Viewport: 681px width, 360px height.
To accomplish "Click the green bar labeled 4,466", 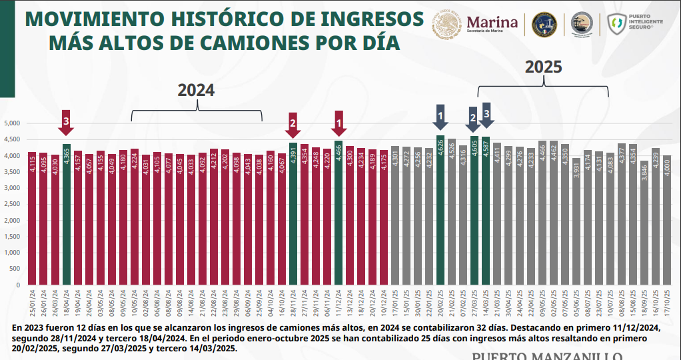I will pyautogui.click(x=339, y=213).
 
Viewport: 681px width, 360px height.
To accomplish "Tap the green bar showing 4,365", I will pyautogui.click(x=66, y=215).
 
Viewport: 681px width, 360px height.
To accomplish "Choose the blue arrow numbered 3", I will pyautogui.click(x=486, y=115).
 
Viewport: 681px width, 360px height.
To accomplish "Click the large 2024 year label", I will pyautogui.click(x=196, y=91).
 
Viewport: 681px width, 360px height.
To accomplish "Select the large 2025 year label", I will pyautogui.click(x=543, y=67).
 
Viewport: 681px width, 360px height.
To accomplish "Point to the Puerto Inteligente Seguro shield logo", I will pyautogui.click(x=617, y=25).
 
